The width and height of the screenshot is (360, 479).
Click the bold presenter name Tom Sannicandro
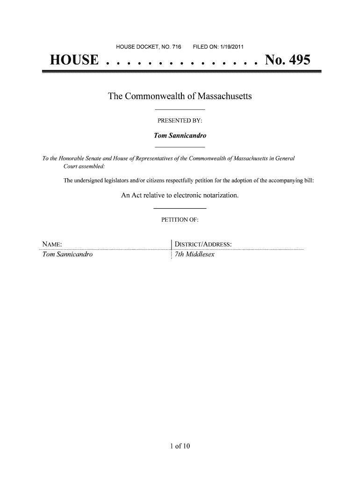click(x=180, y=136)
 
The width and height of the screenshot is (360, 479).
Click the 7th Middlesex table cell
click(x=194, y=255)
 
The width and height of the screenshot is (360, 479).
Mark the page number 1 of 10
click(x=180, y=446)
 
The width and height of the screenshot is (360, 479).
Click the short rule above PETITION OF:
click(x=180, y=208)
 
